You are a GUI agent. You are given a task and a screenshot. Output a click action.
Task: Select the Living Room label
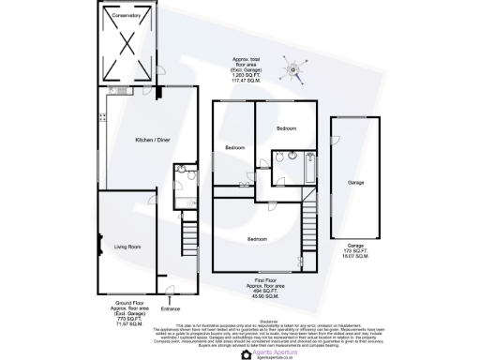127,247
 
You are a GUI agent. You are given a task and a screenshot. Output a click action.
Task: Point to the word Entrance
171,307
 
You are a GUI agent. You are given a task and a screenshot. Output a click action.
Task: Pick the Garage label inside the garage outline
356,183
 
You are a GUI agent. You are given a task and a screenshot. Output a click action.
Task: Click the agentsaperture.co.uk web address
268,357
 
